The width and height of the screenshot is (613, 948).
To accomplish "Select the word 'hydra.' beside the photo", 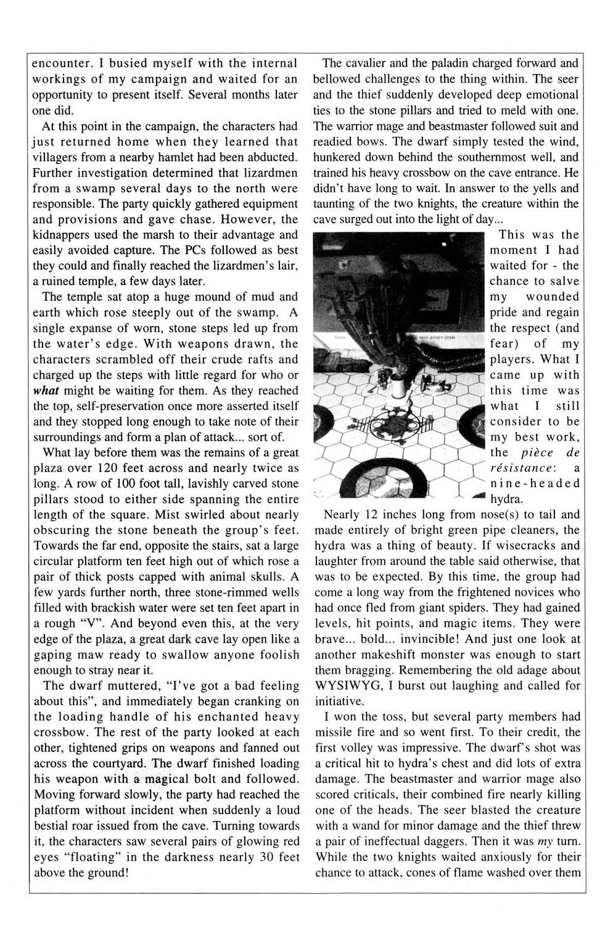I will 506,499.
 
